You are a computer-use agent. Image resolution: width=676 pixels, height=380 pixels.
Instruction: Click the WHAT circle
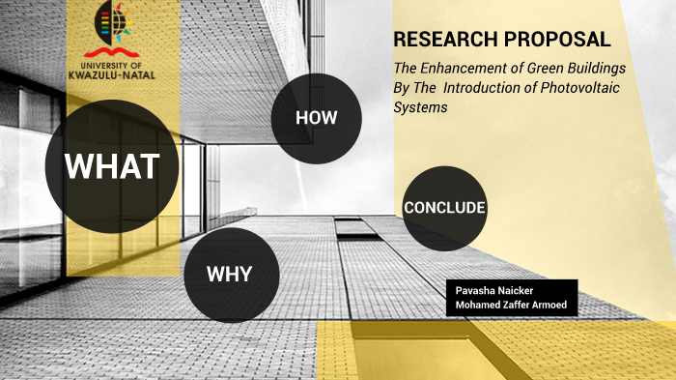coord(112,166)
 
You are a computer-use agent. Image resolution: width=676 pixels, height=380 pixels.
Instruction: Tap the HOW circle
coord(316,118)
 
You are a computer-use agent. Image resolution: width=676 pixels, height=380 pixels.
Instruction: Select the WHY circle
coord(231,274)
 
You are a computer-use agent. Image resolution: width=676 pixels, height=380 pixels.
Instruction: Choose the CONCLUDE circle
coord(444,208)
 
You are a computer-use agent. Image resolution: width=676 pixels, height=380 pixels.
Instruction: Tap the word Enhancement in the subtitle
coord(472,70)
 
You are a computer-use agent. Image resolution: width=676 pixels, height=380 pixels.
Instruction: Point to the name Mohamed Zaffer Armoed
coord(511,305)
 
